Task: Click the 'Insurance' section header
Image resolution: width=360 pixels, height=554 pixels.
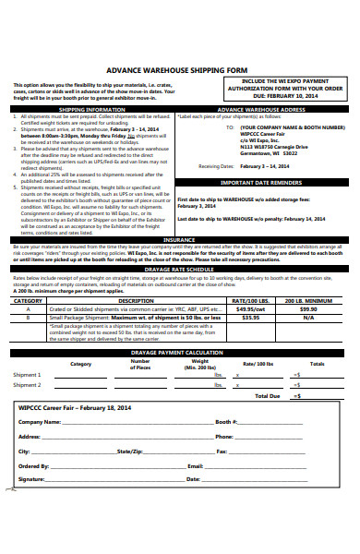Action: [179, 238]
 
